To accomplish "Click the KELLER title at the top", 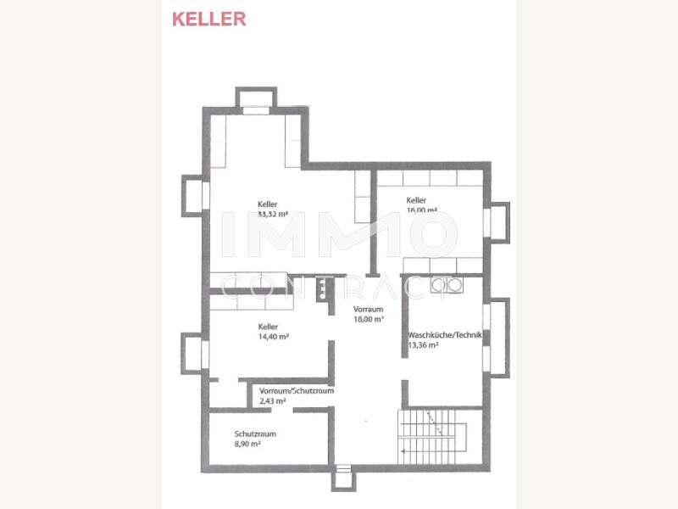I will point(208,19).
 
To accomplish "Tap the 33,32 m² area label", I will point(273,215).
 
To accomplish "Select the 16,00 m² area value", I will point(421,210).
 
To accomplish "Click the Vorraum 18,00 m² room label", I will point(369,315).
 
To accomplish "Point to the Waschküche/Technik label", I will point(445,336).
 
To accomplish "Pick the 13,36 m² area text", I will point(423,346).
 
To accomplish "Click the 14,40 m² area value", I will point(274,337).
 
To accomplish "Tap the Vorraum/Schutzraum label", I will point(297,391).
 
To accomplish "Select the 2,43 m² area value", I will point(273,400).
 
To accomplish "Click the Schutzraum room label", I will point(255,434).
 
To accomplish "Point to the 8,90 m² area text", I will point(247,444).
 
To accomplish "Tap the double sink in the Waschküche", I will point(447,286).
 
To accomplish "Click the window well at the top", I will point(254,98).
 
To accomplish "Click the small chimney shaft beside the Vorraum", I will point(322,289).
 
